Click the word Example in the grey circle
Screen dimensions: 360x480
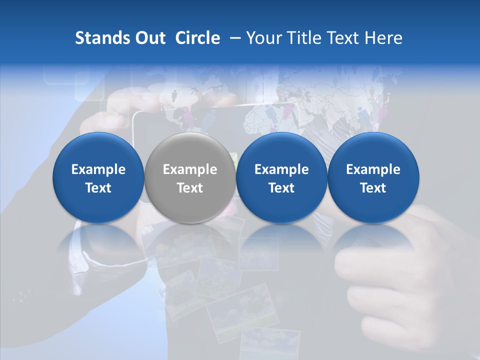190,169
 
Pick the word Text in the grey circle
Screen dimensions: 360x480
190,188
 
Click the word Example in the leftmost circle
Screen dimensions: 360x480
98,169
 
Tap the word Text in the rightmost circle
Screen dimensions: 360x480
373,188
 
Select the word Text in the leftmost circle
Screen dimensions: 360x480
98,188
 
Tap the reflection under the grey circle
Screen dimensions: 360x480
190,240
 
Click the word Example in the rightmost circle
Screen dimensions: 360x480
373,169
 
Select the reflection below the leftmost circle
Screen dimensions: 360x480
98,240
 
